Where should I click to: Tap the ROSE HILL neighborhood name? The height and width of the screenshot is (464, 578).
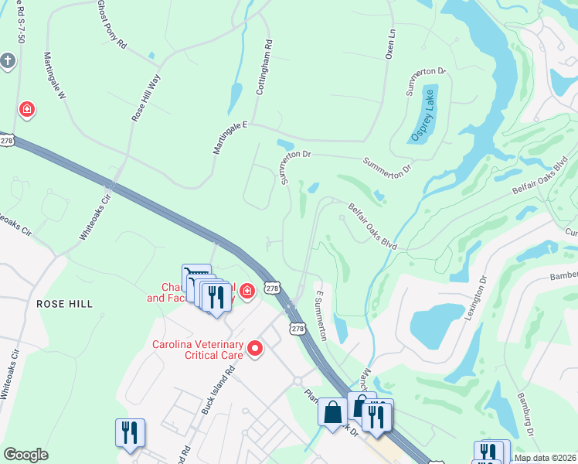pos(65,305)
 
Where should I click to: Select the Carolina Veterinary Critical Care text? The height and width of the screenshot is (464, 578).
pos(197,350)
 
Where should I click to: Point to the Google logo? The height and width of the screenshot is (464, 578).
pos(25,455)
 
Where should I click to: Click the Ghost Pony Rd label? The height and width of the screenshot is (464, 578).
pos(111,25)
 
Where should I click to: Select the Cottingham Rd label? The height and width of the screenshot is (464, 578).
pos(263,67)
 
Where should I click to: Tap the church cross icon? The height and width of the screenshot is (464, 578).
pos(8,61)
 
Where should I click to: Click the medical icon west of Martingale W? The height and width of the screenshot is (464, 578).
pos(27,110)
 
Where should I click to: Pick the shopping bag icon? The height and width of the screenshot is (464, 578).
pos(333,411)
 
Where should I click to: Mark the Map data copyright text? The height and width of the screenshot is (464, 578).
pos(546,458)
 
